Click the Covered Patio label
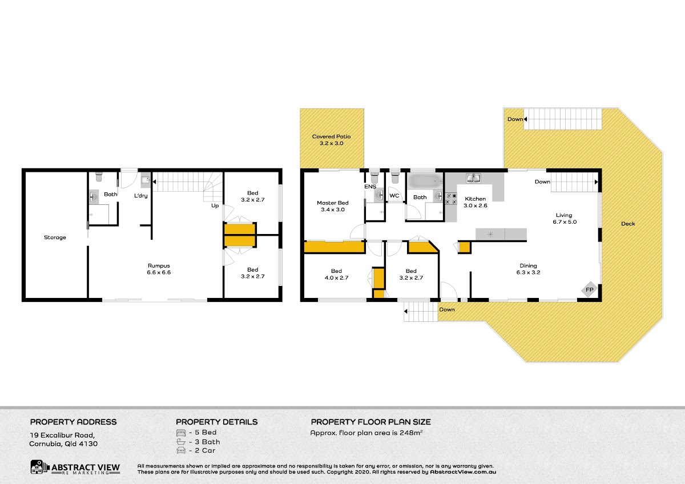[331, 140]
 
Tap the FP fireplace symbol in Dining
[589, 289]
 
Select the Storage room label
[55, 237]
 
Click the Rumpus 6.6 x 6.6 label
[159, 269]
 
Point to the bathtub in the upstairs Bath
[425, 181]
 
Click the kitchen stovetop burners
[452, 199]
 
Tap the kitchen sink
[473, 178]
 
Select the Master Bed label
[333, 206]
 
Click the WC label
[394, 196]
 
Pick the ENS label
[370, 187]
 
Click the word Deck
[628, 224]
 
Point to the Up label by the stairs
[215, 206]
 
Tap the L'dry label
[140, 196]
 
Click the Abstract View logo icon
[40, 467]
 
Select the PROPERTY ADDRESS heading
[74, 422]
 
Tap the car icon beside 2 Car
[181, 450]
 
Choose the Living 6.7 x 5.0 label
[565, 218]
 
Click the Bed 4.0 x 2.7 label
[336, 275]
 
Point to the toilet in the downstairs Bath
[99, 177]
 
